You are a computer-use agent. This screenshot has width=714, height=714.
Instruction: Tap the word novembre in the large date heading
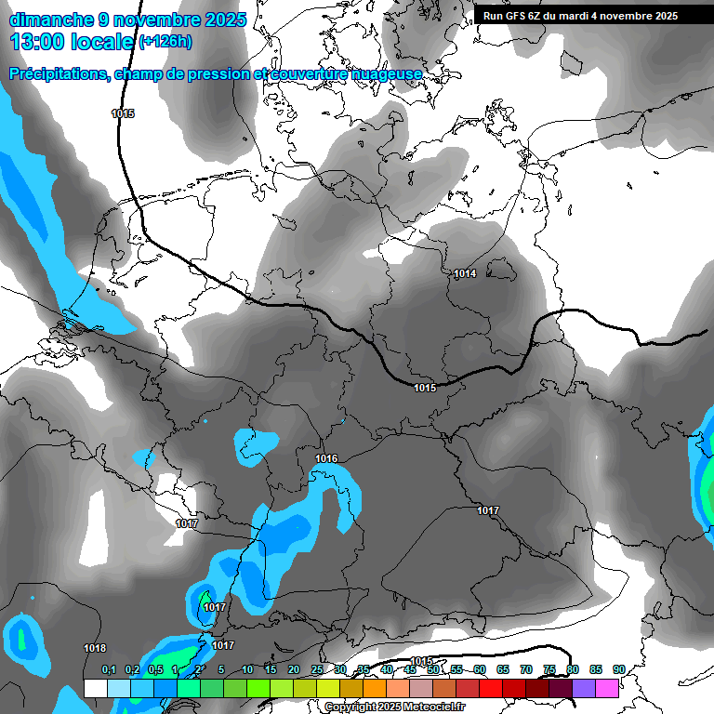coord(152,20)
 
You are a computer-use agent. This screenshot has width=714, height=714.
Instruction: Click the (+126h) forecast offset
coord(165,42)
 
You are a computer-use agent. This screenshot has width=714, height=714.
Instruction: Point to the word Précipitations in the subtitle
coord(58,73)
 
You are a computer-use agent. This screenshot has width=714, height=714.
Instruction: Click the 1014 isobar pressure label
coord(465,273)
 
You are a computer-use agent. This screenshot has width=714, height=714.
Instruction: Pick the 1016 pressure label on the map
coord(326,458)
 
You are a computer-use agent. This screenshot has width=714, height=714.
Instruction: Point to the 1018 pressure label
coord(95,648)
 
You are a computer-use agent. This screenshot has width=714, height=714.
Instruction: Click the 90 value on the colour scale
coord(619,669)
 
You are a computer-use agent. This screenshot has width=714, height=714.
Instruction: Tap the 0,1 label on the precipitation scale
coord(109,669)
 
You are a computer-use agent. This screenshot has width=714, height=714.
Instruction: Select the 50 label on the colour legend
coord(433,669)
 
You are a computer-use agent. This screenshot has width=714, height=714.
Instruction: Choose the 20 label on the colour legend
coord(294,669)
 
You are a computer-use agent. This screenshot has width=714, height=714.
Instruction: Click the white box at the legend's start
coord(95,688)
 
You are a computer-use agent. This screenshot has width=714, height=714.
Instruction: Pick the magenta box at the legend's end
coord(607,688)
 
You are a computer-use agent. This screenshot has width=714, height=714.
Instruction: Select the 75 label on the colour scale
coord(549,669)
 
